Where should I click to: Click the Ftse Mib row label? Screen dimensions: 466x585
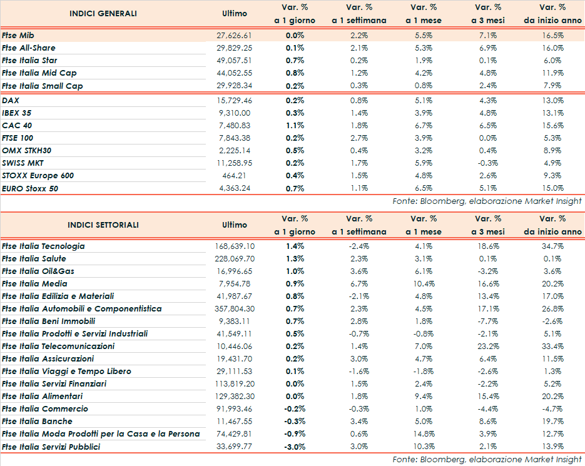[x=18, y=36]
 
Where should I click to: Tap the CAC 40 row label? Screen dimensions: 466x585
[x=17, y=125]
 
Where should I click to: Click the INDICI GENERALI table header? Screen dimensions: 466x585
[x=103, y=14]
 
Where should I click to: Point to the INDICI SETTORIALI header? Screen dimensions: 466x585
[x=103, y=225]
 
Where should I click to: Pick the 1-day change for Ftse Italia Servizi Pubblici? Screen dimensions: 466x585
[x=295, y=447]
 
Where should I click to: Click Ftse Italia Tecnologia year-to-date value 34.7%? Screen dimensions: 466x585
[x=552, y=246]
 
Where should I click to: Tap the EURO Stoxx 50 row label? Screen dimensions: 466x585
[x=31, y=188]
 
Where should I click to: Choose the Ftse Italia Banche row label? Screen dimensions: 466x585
[x=37, y=422]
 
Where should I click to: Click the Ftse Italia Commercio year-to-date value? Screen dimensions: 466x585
[x=552, y=409]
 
